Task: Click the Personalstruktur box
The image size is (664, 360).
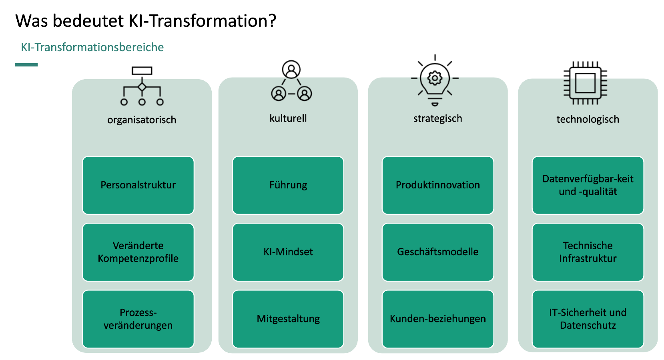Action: pyautogui.click(x=138, y=185)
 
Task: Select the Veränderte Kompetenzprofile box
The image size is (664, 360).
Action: pyautogui.click(x=138, y=252)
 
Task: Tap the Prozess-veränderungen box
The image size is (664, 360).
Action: pyautogui.click(x=138, y=319)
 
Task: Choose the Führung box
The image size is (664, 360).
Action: pyautogui.click(x=288, y=185)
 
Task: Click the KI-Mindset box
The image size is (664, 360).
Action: pyautogui.click(x=288, y=252)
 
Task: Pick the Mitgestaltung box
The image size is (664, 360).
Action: pyautogui.click(x=288, y=319)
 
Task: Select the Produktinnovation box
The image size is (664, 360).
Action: pyautogui.click(x=438, y=185)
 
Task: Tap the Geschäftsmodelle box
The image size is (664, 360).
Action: pyautogui.click(x=438, y=252)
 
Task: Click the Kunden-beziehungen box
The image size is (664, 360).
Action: pyautogui.click(x=438, y=319)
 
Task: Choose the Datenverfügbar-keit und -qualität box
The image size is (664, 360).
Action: pyautogui.click(x=588, y=185)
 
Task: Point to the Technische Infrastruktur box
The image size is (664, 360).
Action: pyautogui.click(x=588, y=252)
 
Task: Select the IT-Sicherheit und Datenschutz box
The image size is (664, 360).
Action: pyautogui.click(x=588, y=319)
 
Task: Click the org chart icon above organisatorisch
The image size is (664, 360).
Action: pyautogui.click(x=142, y=86)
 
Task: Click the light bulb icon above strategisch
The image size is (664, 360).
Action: pyautogui.click(x=435, y=80)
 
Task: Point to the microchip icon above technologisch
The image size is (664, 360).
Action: pyautogui.click(x=586, y=83)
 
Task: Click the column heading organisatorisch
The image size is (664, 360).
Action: pyautogui.click(x=142, y=120)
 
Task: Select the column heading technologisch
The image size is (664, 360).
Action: pyautogui.click(x=588, y=119)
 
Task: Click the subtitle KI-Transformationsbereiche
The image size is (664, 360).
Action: pyautogui.click(x=92, y=47)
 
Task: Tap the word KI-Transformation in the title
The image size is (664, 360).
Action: pyautogui.click(x=203, y=21)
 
